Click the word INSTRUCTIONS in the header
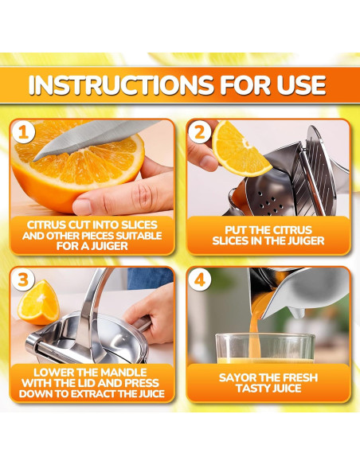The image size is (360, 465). coord(121,85)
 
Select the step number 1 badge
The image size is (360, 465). coord(23,132)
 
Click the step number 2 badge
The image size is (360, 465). coord(200,132)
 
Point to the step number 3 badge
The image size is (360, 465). coord(23,279)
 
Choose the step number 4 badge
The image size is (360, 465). coord(200,279)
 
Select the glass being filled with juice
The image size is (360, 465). coord(264,349)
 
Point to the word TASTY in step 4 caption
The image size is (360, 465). coord(252,389)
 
